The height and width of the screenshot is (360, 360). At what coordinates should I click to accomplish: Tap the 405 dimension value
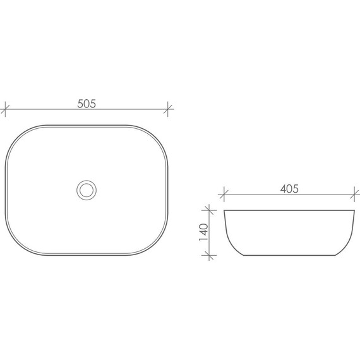coord(288,188)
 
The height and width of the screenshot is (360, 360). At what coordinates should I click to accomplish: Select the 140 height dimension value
coord(203,232)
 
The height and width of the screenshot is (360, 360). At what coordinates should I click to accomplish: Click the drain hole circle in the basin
coord(87,189)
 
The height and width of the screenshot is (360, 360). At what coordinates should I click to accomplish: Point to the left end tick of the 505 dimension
coord(5,109)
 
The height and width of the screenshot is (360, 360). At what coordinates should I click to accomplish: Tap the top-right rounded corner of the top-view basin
coord(157,136)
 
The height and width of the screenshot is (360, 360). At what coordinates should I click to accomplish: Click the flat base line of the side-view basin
coord(288,255)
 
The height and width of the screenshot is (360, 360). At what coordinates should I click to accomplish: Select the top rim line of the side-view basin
coord(288,210)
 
